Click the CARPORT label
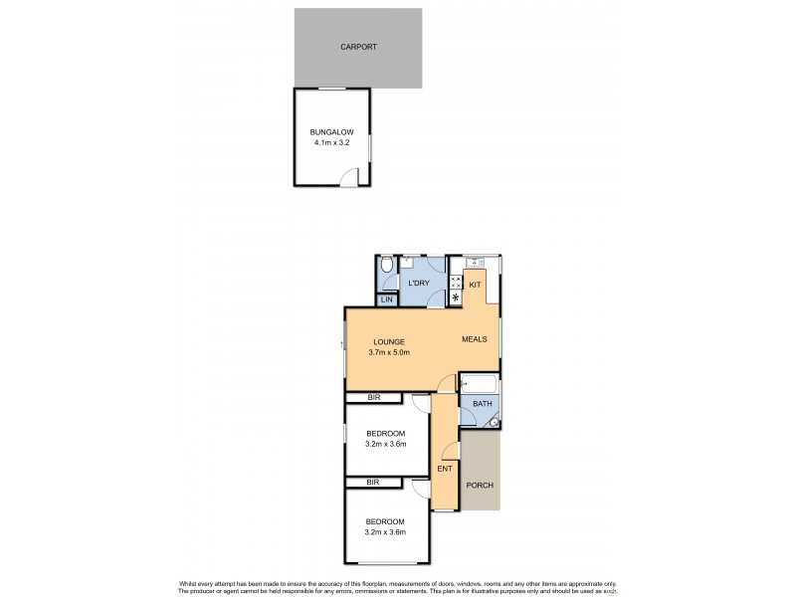pos(358,47)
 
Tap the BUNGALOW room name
pos(329,131)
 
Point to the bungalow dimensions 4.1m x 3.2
pos(330,142)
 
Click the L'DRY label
pos(419,284)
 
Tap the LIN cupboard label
pos(387,299)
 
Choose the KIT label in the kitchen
pos(475,286)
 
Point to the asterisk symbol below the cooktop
pos(456,298)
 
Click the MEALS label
pos(474,339)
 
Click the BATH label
pos(482,403)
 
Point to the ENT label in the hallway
pos(444,468)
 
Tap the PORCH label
pos(480,485)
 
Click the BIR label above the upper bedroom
pos(372,398)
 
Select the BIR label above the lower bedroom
pos(372,483)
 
